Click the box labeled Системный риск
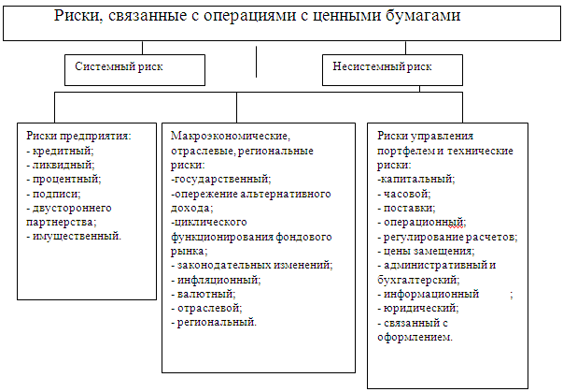tap(134, 68)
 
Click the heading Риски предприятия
tap(78, 137)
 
